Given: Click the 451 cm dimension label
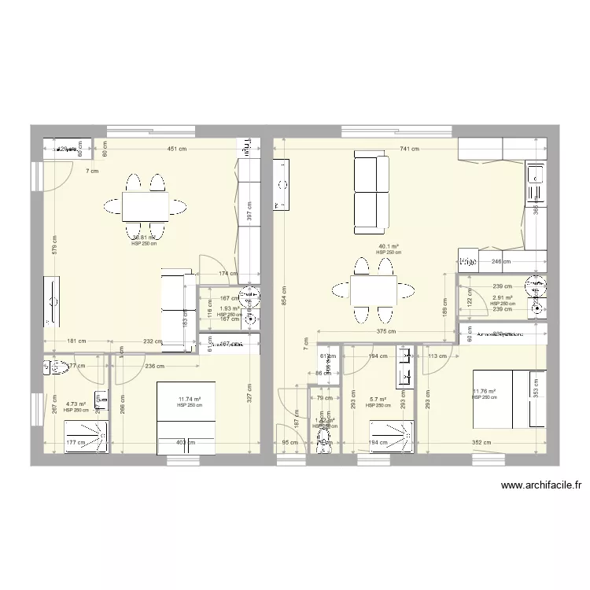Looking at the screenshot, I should tap(175, 149).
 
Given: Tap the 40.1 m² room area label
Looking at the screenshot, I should tap(389, 247).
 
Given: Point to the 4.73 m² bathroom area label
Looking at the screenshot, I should tap(75, 404).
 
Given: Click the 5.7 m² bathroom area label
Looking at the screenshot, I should tap(378, 400).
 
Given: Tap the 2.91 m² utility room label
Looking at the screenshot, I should tap(502, 298).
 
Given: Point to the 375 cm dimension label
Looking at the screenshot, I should tap(385, 332).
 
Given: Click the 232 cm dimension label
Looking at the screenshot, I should tap(153, 341).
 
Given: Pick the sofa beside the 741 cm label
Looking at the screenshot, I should tap(371, 194).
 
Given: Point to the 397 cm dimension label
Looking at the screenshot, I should tap(249, 211).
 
